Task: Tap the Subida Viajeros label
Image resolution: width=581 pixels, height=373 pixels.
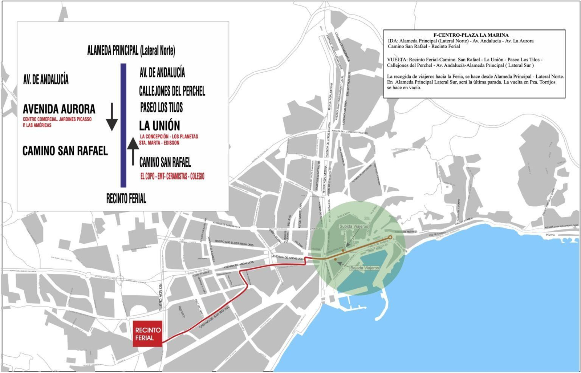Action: coord(353,226)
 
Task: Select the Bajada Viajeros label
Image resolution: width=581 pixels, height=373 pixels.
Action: coord(364,268)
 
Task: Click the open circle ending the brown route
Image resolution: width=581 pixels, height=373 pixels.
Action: coord(390,238)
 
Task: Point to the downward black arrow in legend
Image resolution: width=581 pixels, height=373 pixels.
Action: coord(112,117)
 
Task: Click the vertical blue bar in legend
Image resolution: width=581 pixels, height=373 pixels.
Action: coord(123,125)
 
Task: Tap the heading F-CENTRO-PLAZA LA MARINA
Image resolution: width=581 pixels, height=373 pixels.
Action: coord(471,35)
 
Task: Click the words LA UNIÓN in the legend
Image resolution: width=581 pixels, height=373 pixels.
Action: coord(159,126)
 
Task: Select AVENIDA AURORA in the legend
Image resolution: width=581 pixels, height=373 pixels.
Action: coord(59,109)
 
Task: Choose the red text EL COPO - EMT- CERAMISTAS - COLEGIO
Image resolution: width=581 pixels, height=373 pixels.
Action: coord(172,177)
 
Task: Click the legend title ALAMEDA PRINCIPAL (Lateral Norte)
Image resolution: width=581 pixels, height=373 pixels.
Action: coord(131,51)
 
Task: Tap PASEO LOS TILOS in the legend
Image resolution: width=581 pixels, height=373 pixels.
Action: coord(161,108)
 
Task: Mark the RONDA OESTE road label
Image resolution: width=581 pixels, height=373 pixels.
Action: coord(160,296)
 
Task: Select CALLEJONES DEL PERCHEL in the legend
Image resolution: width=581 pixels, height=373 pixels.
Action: coord(172,91)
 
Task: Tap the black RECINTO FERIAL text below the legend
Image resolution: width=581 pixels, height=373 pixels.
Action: coord(126,199)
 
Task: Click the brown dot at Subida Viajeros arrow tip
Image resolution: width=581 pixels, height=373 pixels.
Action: coord(343,250)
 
